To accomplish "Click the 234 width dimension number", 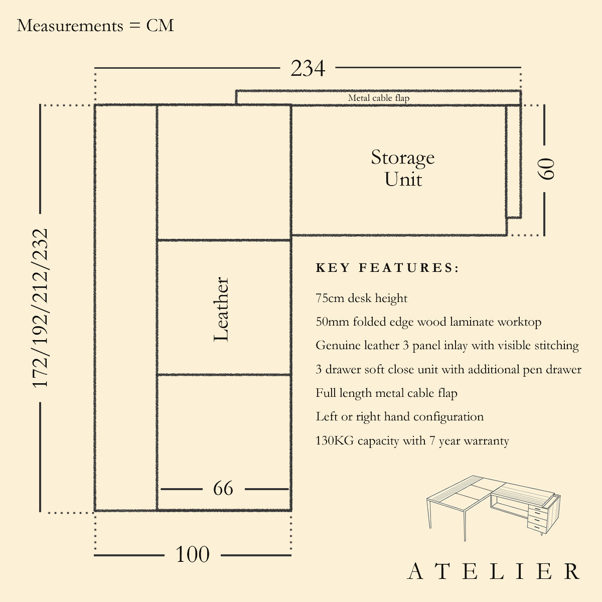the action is coord(308,69).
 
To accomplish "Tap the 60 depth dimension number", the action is coord(546,169).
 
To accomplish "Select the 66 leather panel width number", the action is coord(223,488).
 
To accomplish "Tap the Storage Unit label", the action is coord(403,168).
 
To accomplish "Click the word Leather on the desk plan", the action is coord(221,310).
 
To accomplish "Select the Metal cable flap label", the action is coord(379,98).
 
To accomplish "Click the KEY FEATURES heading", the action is coord(387,268).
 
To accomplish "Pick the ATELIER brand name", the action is coord(494,571).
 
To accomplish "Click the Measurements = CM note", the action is coord(95,26).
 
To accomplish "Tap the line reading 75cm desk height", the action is coord(361,298).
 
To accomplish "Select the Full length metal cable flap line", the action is coord(386,393).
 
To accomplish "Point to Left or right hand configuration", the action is coord(399,417).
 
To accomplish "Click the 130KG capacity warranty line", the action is coord(412,441).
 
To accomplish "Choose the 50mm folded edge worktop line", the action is coord(428,322).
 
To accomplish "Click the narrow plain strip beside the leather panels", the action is coord(125,308).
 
